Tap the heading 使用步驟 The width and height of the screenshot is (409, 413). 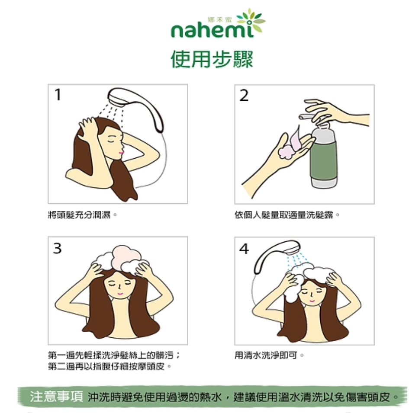tap(212, 59)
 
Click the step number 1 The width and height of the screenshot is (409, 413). tap(58, 95)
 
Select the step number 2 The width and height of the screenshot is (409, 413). tap(244, 95)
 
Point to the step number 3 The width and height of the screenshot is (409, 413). tap(57, 248)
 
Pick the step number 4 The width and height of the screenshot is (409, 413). tap(244, 249)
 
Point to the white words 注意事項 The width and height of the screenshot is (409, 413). tap(56, 397)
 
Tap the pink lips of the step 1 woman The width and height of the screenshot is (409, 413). tap(121, 153)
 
